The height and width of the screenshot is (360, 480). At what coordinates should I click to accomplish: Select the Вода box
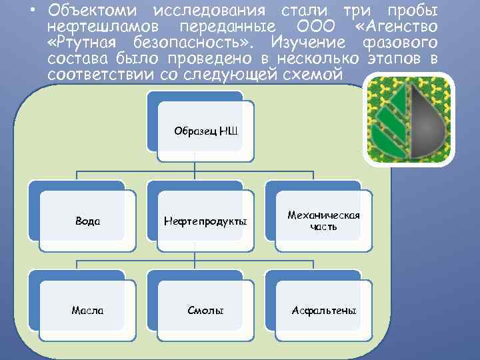(85, 221)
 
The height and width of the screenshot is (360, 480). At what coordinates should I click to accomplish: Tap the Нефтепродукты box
(205, 221)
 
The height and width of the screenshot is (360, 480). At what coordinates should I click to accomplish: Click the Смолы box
(205, 311)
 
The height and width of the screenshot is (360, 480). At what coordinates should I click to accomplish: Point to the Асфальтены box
(324, 311)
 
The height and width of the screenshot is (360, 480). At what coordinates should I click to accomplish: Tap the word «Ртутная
(83, 42)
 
